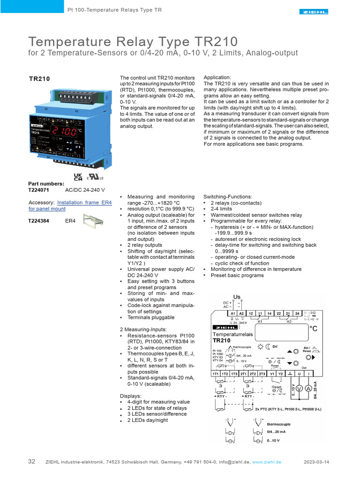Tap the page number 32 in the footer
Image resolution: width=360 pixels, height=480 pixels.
[x=31, y=462]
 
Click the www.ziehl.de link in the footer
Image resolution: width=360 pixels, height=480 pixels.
[x=267, y=462]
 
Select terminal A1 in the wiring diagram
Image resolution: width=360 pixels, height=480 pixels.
[x=233, y=314]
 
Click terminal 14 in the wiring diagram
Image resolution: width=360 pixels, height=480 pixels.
[x=270, y=314]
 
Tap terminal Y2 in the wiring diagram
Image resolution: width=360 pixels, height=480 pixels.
[x=280, y=374]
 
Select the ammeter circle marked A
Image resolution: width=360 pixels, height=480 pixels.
[x=309, y=389]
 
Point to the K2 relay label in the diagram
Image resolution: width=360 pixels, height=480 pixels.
[x=289, y=322]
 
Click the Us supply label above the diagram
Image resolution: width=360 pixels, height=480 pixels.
[x=237, y=297]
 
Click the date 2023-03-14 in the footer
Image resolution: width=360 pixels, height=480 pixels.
[x=316, y=462]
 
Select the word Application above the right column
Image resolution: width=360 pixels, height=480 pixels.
[x=217, y=77]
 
